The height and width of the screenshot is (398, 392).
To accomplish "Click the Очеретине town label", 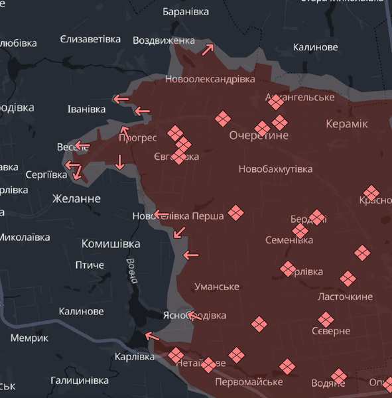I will click(259, 135).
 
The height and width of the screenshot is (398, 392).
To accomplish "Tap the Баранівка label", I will click(186, 12).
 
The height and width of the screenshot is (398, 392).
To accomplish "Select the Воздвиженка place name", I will click(164, 40).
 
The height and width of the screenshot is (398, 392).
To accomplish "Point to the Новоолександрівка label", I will click(210, 79).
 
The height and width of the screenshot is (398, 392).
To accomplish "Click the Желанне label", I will click(76, 198).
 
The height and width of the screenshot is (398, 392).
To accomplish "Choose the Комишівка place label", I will click(111, 243).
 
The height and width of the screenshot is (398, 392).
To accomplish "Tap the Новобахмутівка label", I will click(275, 168).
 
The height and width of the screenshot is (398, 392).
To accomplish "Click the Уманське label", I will click(217, 287).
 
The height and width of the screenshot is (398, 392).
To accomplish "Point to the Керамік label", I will click(347, 124).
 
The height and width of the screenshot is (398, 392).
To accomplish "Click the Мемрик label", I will click(29, 338).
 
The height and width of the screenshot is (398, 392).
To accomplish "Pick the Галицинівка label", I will click(80, 381).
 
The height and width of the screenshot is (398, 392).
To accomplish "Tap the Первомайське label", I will click(249, 382).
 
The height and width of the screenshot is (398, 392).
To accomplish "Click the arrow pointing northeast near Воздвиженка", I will click(208, 48).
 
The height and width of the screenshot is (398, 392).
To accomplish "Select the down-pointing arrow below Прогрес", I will click(120, 161).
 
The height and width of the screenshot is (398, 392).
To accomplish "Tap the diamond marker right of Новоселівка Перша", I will click(235, 213).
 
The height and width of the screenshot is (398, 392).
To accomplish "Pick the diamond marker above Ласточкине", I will click(348, 278).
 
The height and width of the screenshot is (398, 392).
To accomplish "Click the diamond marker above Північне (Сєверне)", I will click(325, 320).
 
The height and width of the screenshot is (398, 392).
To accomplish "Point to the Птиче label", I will click(90, 265).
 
